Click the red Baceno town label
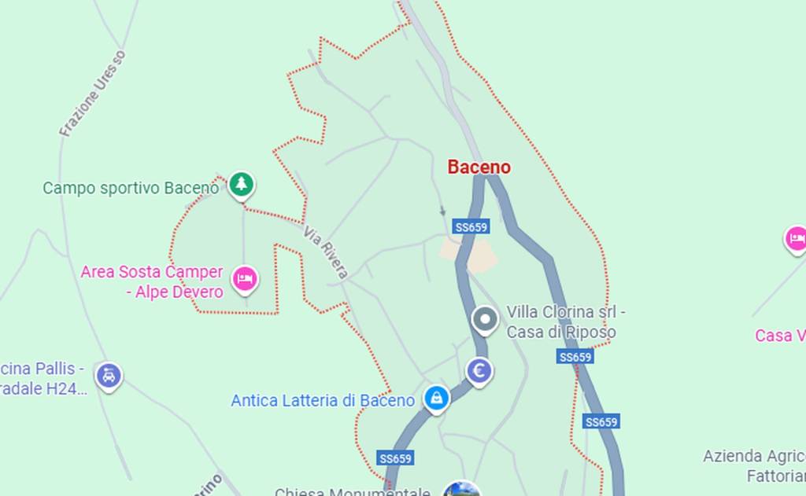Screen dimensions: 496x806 click(x=479, y=167)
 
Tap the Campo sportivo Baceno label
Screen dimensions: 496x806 click(x=130, y=189)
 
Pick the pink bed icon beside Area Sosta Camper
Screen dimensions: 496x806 click(x=245, y=278)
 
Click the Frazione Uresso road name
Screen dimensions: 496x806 click(x=93, y=94)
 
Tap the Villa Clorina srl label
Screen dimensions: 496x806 click(x=565, y=312)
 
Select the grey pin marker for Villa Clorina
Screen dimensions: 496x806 click(x=485, y=320)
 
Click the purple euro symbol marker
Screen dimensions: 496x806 click(x=479, y=370)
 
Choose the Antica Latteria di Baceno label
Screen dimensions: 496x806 click(x=323, y=401)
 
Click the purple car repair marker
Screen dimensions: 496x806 click(x=109, y=376)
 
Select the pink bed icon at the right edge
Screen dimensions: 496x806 click(x=796, y=238)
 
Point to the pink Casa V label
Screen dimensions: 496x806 click(x=779, y=336)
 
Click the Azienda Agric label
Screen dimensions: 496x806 click(x=753, y=457)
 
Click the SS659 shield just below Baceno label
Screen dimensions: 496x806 click(x=471, y=227)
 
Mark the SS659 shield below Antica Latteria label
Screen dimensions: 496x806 click(x=396, y=458)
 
